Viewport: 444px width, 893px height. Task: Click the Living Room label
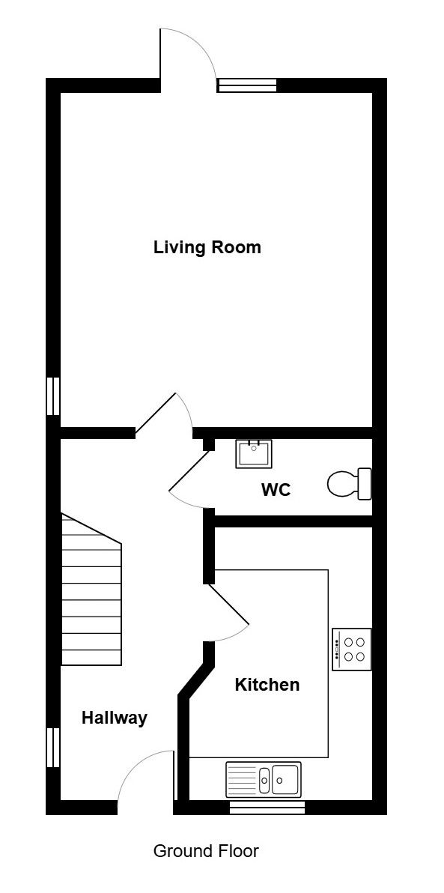pos(207,248)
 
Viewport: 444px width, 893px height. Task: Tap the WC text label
pos(276,490)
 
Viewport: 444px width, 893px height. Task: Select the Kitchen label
pos(267,685)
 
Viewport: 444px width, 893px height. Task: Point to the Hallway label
pos(115,718)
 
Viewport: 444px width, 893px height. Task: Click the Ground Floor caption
pos(206,852)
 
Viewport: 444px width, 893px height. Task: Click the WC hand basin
pos(254,454)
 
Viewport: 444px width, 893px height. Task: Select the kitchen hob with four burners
pos(352,650)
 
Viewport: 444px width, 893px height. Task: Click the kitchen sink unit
pos(264,779)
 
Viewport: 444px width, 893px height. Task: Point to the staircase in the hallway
pos(91,590)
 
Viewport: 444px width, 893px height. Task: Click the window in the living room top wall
pos(248,85)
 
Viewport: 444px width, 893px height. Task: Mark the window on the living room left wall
pos(53,396)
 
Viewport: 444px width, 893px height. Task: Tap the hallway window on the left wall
pos(53,747)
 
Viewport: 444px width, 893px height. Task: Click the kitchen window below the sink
pos(267,808)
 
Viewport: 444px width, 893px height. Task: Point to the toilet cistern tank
pos(365,483)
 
